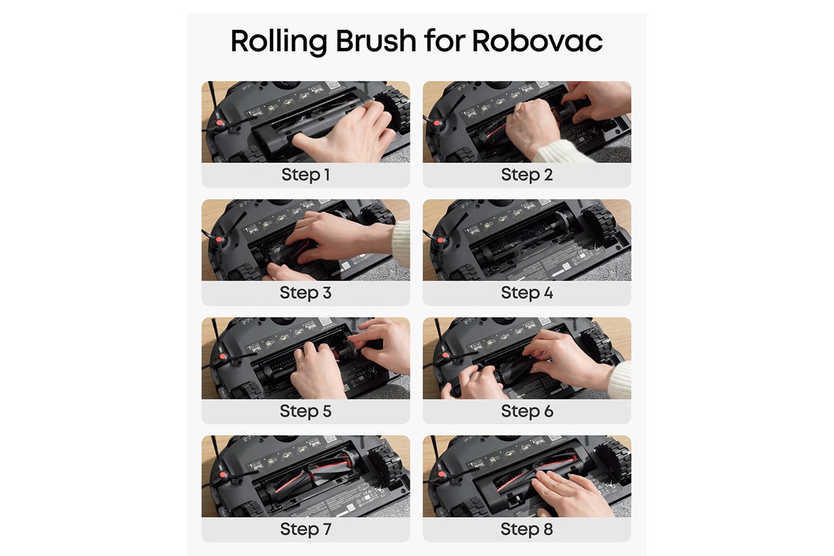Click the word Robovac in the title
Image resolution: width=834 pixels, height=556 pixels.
point(537,41)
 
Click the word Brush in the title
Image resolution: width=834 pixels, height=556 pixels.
point(376,41)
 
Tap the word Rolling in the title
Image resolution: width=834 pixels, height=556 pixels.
point(279,42)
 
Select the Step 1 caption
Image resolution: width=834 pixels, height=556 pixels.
point(306,175)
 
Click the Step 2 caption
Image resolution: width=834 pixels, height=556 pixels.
point(527,175)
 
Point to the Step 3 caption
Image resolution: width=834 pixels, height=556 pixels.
point(306,292)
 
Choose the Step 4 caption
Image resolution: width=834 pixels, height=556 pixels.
point(527,292)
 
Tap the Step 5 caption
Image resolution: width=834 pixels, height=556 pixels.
point(306,411)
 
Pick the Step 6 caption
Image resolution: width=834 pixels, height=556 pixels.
point(527,411)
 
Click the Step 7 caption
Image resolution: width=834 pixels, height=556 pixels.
point(306,529)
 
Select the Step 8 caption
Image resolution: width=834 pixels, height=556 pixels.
point(527,529)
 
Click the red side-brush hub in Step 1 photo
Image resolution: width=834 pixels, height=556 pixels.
point(220,122)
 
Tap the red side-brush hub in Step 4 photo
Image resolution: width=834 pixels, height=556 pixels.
point(441,240)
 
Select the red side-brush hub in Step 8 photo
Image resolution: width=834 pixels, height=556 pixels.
point(441,474)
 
